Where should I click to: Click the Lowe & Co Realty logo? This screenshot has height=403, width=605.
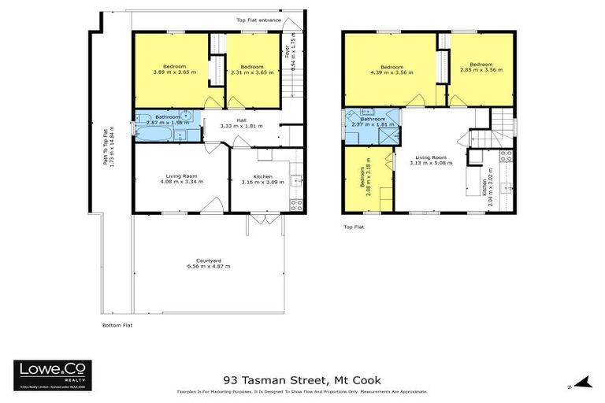click(52, 375)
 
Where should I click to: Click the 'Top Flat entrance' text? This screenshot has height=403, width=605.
click(258, 20)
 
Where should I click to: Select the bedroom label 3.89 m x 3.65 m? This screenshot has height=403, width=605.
click(174, 68)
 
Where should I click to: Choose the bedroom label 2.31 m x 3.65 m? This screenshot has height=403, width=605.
click(251, 69)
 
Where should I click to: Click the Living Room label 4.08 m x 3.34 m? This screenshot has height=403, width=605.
click(181, 178)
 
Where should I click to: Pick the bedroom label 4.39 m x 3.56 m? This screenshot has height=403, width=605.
click(391, 68)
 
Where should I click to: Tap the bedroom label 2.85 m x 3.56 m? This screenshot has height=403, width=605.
click(481, 67)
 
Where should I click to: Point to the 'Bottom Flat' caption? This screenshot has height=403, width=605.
click(117, 325)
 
